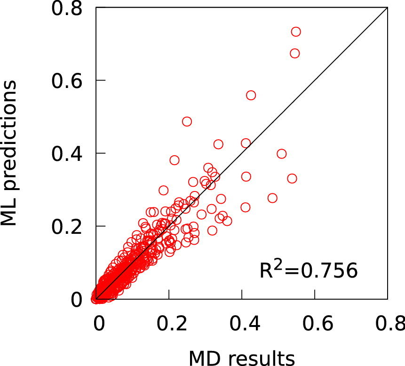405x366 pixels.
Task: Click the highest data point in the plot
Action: (296, 32)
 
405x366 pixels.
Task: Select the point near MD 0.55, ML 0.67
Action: (294, 53)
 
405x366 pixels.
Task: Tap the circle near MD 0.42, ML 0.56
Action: (251, 95)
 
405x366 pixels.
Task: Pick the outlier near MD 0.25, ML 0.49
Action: (187, 121)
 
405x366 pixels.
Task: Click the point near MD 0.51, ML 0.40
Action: (281, 153)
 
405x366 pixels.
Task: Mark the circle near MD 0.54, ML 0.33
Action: (292, 178)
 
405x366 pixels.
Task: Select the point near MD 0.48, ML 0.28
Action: (272, 198)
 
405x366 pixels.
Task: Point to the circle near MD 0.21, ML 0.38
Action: (175, 160)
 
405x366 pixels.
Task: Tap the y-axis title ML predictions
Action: (9, 153)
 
